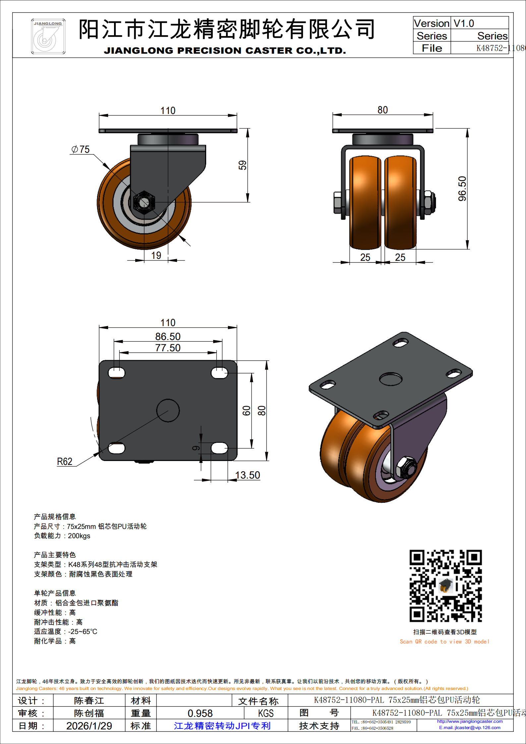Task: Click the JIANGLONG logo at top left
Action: coord(48,36)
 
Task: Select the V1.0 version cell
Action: coord(464,24)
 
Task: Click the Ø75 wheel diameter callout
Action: coord(81,149)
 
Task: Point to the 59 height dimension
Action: coord(243,165)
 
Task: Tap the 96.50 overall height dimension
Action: coord(462,189)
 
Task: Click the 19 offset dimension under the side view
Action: coord(156,256)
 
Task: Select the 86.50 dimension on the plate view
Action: coord(168,337)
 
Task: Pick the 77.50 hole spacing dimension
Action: coord(168,348)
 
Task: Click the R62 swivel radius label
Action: coord(65,462)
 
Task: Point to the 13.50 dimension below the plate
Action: coord(248,475)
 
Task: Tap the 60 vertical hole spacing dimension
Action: coord(246,411)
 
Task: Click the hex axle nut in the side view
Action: coord(144,202)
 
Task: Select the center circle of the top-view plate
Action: coord(168,410)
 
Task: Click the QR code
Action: coord(445,586)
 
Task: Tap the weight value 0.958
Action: coord(200,713)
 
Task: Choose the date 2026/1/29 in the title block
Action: coord(89,726)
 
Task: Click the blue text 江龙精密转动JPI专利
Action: coord(222,726)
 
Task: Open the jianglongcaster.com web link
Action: coord(470,721)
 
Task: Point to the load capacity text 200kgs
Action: coord(79,536)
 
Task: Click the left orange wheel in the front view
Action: coord(365,202)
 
